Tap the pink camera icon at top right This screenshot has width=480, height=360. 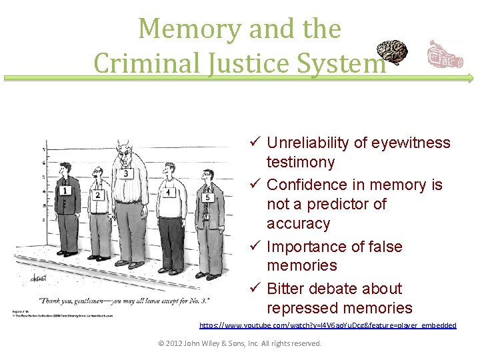click(443, 55)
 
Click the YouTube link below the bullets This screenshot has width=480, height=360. click(328, 325)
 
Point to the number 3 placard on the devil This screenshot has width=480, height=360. click(127, 173)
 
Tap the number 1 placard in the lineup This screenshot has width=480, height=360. click(65, 190)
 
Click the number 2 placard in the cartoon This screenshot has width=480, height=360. click(97, 195)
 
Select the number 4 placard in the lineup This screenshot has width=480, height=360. click(169, 192)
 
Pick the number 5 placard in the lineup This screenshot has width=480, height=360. click(207, 197)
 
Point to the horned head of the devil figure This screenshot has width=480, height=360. click(123, 151)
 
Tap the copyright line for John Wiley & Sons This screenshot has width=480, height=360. click(239, 343)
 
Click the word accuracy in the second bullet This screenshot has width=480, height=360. click(298, 223)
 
